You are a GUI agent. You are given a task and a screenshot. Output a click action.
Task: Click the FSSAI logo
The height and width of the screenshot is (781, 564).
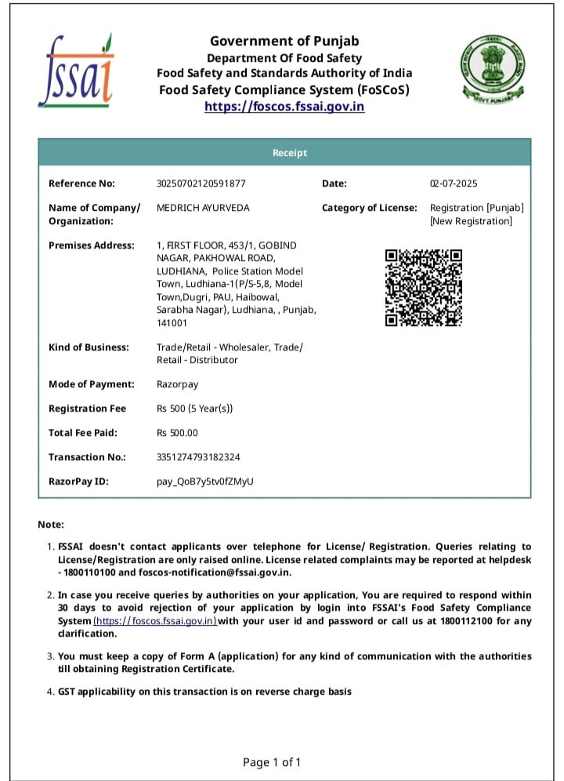tap(76, 71)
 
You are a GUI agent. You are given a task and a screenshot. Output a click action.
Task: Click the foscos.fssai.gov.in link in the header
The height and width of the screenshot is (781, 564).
tap(284, 107)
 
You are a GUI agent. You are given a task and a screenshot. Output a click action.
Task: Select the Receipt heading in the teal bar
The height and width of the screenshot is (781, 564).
tap(290, 153)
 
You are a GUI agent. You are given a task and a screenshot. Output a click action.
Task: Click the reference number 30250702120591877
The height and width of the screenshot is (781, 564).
tap(201, 183)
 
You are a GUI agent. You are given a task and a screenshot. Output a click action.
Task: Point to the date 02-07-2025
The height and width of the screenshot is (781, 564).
tap(453, 183)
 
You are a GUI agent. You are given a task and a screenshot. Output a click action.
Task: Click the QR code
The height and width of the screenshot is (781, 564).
tap(423, 288)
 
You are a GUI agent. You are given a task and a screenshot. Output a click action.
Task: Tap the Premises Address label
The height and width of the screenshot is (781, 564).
tap(92, 245)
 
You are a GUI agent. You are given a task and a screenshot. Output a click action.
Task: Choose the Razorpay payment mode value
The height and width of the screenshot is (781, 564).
tap(178, 384)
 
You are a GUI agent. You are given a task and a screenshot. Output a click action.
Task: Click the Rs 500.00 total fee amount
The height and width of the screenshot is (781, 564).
tap(178, 433)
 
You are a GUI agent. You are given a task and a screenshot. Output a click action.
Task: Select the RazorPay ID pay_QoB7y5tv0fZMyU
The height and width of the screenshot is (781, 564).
tap(206, 481)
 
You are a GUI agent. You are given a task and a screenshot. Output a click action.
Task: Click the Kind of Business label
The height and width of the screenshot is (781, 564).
tap(89, 347)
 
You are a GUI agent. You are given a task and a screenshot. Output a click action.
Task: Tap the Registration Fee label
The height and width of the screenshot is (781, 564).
tap(88, 409)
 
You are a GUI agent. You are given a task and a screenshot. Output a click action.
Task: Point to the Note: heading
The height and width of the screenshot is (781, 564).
tap(51, 525)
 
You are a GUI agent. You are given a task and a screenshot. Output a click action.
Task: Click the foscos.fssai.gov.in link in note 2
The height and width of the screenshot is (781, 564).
tap(155, 621)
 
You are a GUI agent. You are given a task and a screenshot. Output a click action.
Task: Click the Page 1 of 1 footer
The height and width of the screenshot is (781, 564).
tap(272, 762)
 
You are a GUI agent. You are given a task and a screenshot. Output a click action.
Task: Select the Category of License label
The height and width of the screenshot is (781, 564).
tap(370, 208)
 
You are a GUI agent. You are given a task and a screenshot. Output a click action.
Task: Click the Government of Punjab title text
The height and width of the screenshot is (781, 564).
tap(284, 42)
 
